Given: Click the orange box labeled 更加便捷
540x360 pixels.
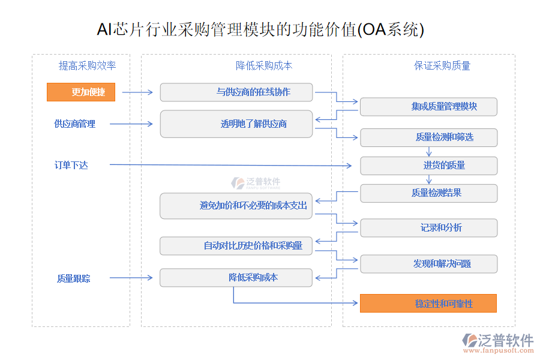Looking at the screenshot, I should pyautogui.click(x=80, y=92).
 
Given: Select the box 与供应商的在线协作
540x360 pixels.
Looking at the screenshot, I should pyautogui.click(x=236, y=92).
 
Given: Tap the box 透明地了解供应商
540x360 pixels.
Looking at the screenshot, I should pyautogui.click(x=236, y=124).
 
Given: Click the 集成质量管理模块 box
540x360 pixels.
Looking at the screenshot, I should pyautogui.click(x=428, y=106).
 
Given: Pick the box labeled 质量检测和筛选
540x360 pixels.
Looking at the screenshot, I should pyautogui.click(x=428, y=137).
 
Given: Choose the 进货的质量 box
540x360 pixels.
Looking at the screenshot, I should pyautogui.click(x=428, y=166).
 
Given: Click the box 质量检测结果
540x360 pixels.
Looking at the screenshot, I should pyautogui.click(x=428, y=193).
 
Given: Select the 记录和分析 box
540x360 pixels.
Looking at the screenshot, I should pyautogui.click(x=428, y=228).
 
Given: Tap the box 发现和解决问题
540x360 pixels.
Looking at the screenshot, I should pyautogui.click(x=428, y=264).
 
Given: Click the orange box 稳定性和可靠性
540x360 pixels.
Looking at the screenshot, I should pyautogui.click(x=428, y=304).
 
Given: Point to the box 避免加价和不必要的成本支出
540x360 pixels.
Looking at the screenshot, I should pyautogui.click(x=236, y=206).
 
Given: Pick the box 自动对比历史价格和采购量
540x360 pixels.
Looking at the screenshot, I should pyautogui.click(x=236, y=245).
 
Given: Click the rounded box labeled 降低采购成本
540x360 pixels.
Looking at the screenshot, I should pyautogui.click(x=236, y=278).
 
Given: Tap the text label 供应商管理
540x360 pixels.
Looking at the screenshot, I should pyautogui.click(x=74, y=124).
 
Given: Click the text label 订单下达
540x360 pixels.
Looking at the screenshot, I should pyautogui.click(x=71, y=165).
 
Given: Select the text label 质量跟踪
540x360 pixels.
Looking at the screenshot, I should pyautogui.click(x=74, y=278).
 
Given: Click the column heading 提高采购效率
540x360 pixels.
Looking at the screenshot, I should pyautogui.click(x=87, y=65).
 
